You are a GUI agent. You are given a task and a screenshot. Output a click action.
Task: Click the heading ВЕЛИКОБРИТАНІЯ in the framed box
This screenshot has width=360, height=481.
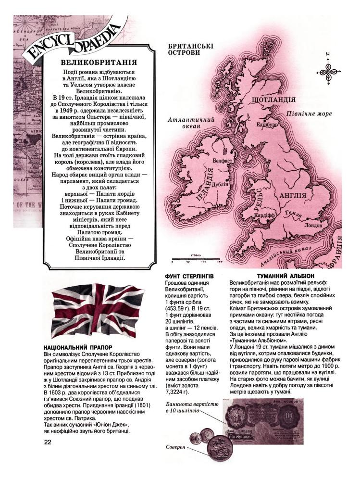[99, 63]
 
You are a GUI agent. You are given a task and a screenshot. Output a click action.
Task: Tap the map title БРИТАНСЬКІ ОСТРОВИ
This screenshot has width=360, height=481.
[190, 50]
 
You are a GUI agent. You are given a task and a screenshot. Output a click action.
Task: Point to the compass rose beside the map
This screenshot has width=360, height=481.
[329, 71]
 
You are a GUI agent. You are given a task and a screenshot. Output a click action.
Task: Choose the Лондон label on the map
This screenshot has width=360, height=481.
[313, 225]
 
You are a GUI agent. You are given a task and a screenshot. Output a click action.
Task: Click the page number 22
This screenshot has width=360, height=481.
[47, 442]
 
